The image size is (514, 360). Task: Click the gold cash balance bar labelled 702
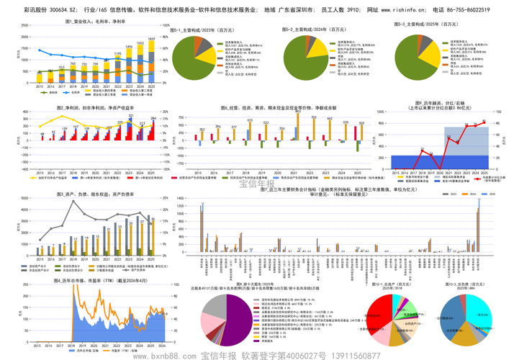coord(330,127)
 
